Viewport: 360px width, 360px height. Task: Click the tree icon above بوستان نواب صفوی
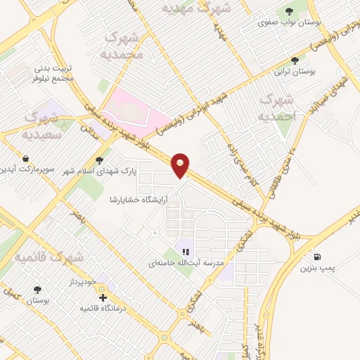288,11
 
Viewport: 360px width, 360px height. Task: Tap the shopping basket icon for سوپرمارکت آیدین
26,157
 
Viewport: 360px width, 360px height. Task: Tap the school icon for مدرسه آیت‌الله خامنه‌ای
186,251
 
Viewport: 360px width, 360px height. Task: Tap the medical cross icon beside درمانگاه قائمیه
104,298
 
